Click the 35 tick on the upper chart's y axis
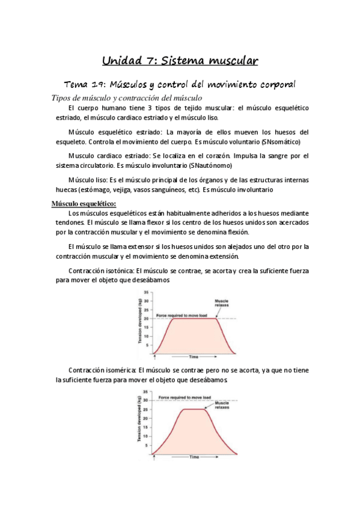[x=147, y=292]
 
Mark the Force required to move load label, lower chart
[x=185, y=398]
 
